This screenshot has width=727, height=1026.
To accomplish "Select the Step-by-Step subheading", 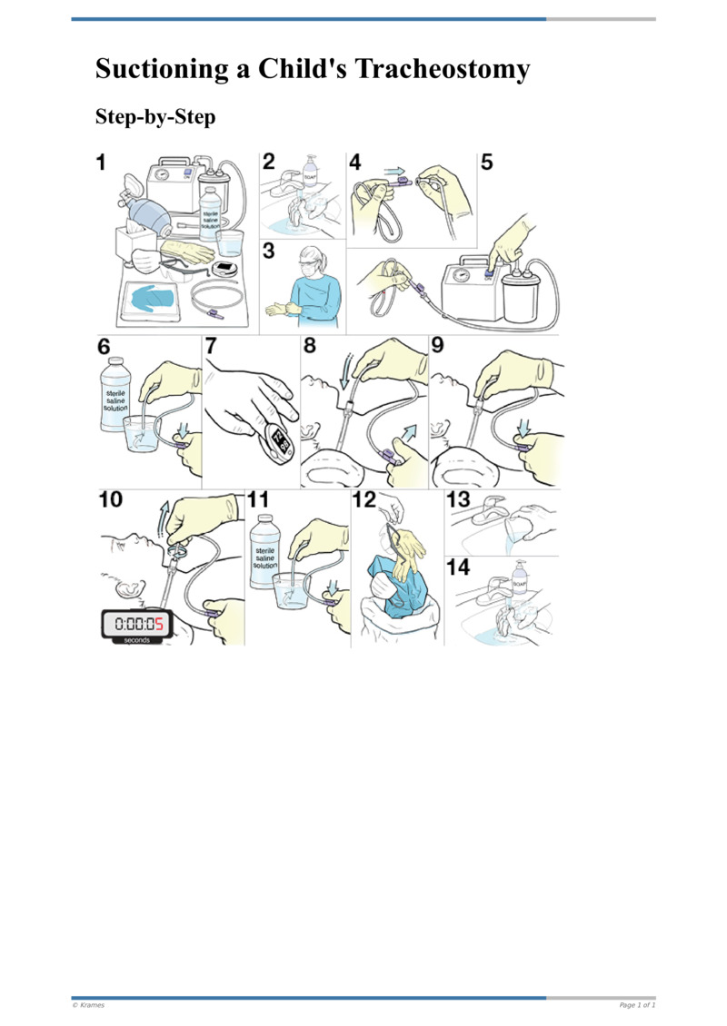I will tap(154, 118).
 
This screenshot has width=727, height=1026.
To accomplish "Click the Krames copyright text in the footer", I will tap(88, 1005).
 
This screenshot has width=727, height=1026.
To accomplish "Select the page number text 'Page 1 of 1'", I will tap(637, 1005).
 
